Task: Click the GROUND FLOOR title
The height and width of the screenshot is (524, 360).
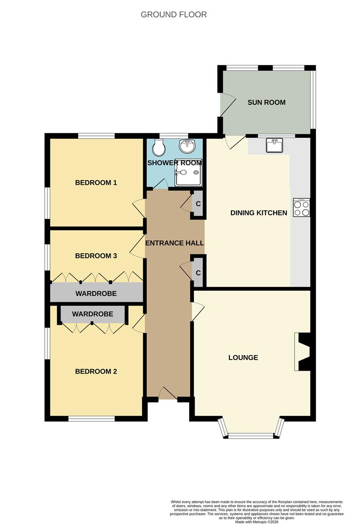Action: point(174,15)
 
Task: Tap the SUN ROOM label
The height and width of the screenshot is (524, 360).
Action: point(266,102)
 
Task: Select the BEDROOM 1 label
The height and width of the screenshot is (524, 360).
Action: point(96,183)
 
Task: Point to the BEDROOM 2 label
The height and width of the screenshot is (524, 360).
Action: point(96,372)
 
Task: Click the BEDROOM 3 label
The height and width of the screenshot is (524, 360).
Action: point(96,256)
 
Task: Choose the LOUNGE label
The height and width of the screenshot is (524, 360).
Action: point(243,358)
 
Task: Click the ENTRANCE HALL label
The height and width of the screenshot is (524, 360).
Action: point(174,243)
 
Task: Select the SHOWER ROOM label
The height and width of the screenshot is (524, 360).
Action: point(174,163)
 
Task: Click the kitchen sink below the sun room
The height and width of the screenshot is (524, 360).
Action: point(275,145)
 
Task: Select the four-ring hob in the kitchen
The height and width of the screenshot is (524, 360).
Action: point(301,208)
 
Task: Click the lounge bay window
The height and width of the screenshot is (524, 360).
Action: point(250,435)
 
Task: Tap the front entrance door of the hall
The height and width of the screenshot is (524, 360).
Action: point(167,394)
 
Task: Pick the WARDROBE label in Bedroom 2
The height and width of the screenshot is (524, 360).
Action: point(93,314)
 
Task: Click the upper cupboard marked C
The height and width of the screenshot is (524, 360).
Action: point(198,204)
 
